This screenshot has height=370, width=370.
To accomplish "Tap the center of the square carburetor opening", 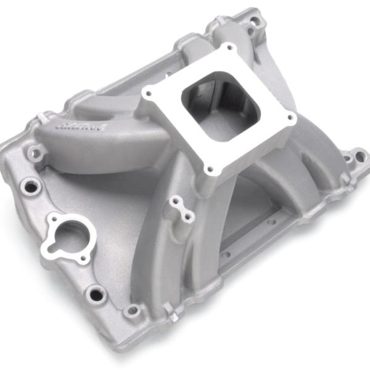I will point(220,105).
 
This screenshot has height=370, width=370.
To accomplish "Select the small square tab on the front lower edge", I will point(175,315).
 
